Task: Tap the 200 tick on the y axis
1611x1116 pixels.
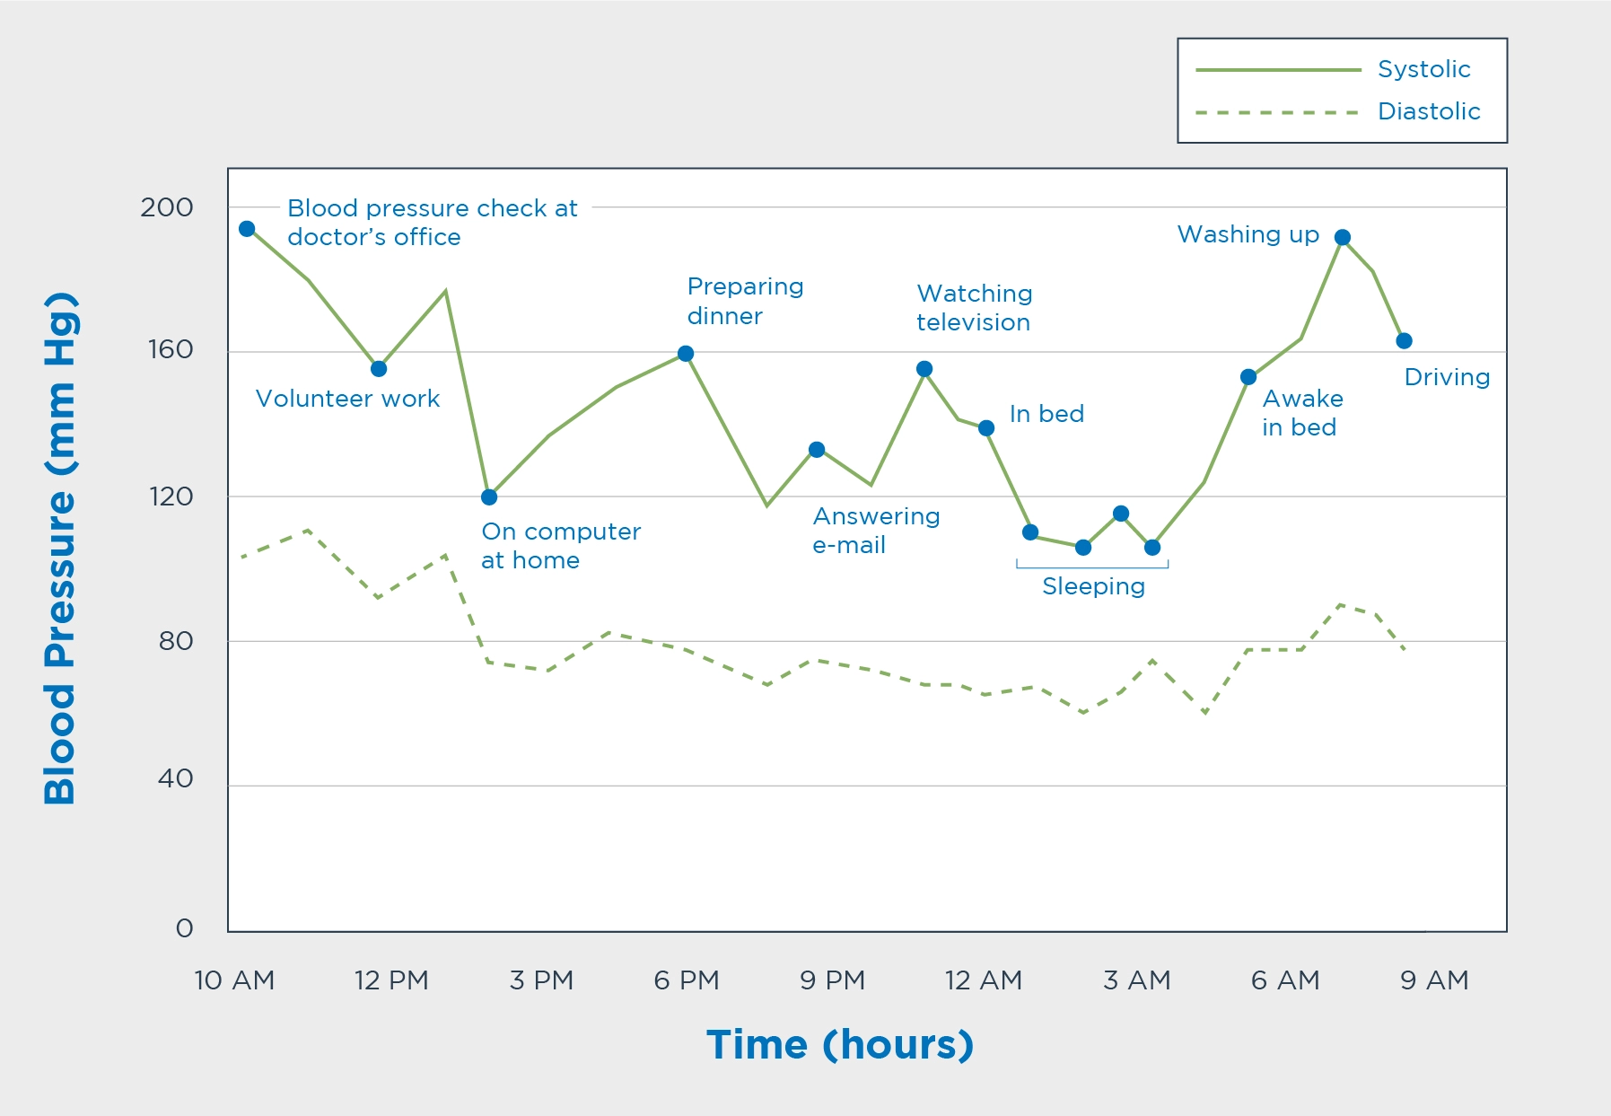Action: pos(167,207)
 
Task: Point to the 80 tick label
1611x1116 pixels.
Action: pos(176,641)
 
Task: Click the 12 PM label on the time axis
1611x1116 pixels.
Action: pos(391,980)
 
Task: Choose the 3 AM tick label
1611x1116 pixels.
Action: pos(1137,980)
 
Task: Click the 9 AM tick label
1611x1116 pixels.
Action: pos(1434,980)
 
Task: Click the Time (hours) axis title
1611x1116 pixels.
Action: pos(840,1045)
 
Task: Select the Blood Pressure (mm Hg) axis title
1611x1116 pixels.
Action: pos(60,549)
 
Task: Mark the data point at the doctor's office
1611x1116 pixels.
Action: pos(247,229)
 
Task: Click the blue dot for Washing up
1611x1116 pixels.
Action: pos(1343,238)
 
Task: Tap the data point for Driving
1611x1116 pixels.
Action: pos(1405,341)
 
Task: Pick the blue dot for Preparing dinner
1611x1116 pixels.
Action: pos(686,354)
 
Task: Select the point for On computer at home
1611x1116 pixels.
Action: pos(489,497)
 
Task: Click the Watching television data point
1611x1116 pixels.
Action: pos(924,369)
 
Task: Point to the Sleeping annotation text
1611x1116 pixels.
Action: pos(1093,586)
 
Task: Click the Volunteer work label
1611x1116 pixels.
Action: pos(347,399)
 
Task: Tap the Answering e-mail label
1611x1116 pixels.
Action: pos(876,531)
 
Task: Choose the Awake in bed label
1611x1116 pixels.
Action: pos(1302,413)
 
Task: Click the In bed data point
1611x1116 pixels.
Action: pos(986,428)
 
